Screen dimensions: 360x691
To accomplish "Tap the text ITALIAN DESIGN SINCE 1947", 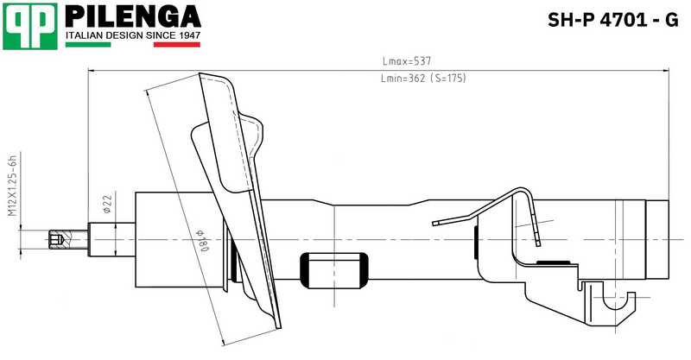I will tap(134, 36).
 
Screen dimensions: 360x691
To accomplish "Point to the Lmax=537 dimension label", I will tap(406, 61).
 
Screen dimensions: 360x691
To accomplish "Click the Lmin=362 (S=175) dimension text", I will tap(423, 79).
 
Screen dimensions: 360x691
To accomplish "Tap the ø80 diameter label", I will tap(205, 233).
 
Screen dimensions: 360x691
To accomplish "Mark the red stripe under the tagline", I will tap(176, 44).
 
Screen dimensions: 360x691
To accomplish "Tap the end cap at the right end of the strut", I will tap(659, 239).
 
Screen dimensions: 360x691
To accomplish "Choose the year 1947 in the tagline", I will tap(187, 36).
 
